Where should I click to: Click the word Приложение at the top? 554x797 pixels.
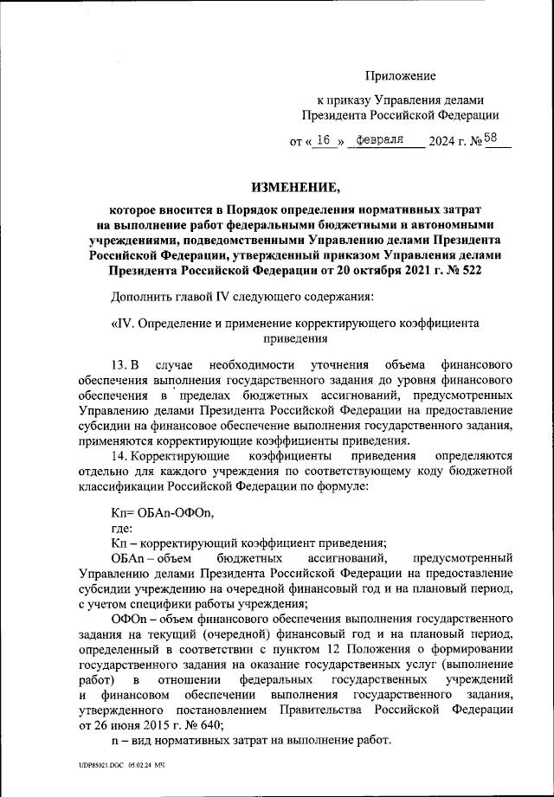[x=401, y=78]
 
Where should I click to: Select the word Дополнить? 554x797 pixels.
[x=145, y=299]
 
